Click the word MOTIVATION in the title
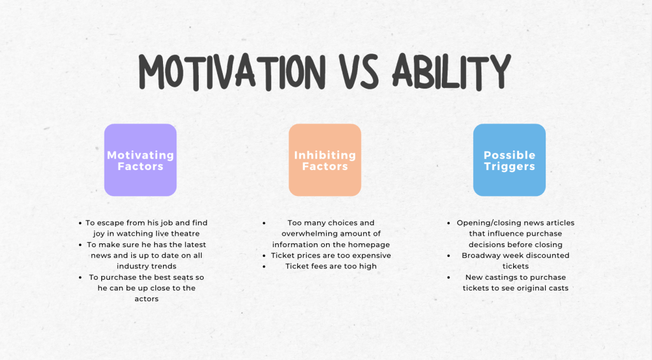pos(232,72)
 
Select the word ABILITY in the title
pos(451,72)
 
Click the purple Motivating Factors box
pos(141,160)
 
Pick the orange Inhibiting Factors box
pos(325,160)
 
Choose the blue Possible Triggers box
pos(509,160)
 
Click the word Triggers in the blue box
pos(509,167)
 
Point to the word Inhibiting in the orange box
pos(325,155)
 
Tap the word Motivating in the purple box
pos(141,155)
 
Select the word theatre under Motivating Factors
pos(185,233)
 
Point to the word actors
pos(146,299)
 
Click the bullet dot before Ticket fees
pos(264,267)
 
